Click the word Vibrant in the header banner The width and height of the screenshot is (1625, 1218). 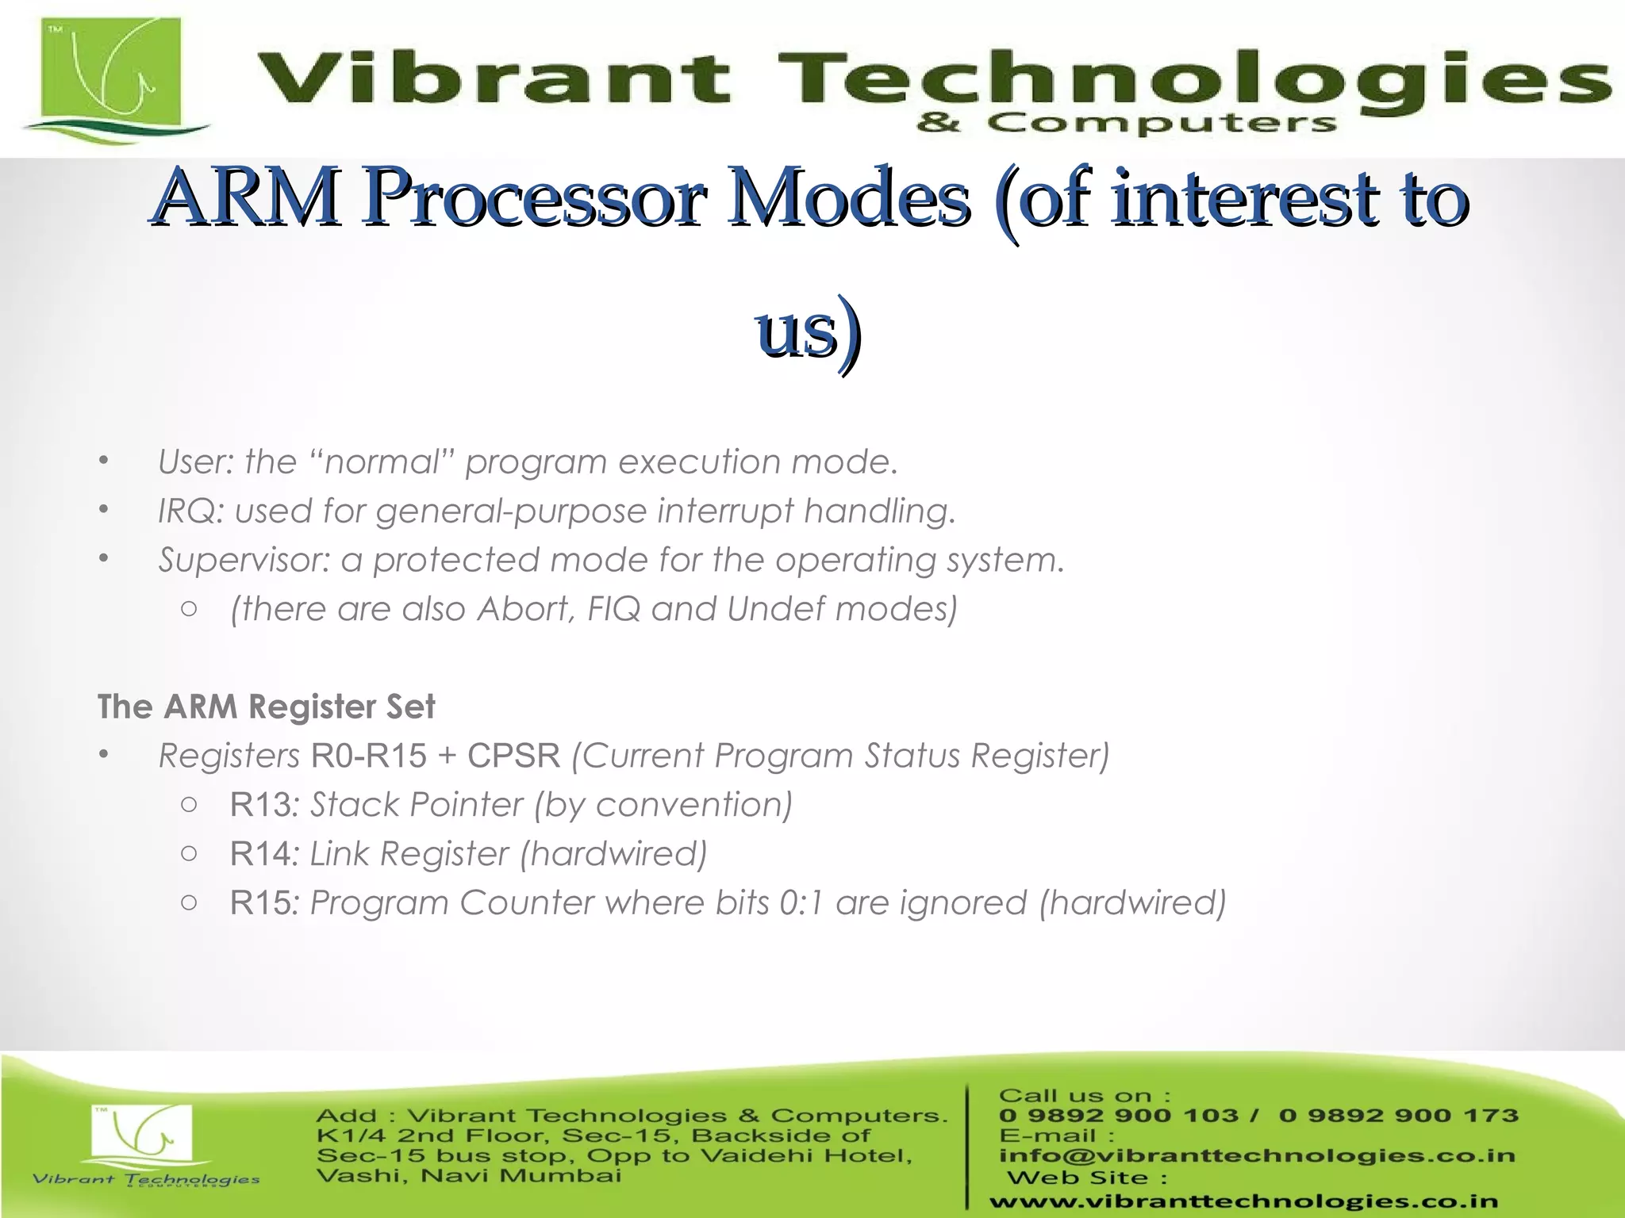(492, 79)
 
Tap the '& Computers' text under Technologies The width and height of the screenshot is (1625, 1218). (1127, 124)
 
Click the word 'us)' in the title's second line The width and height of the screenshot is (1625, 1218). (809, 330)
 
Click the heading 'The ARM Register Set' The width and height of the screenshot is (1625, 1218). (266, 707)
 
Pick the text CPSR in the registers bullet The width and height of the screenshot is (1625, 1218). (513, 756)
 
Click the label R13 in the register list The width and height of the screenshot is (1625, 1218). (261, 805)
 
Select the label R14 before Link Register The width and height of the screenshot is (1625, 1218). (261, 854)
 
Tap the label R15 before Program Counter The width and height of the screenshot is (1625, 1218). (261, 903)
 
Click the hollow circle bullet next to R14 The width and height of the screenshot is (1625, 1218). (189, 854)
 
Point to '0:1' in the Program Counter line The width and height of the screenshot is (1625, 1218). (801, 903)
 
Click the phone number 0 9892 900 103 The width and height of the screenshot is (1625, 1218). (1119, 1116)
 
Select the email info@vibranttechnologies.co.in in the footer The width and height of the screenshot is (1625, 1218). (1257, 1156)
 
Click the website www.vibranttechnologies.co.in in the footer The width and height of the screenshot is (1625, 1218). (1243, 1202)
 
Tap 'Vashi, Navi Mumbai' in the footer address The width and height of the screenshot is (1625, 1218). (468, 1176)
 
